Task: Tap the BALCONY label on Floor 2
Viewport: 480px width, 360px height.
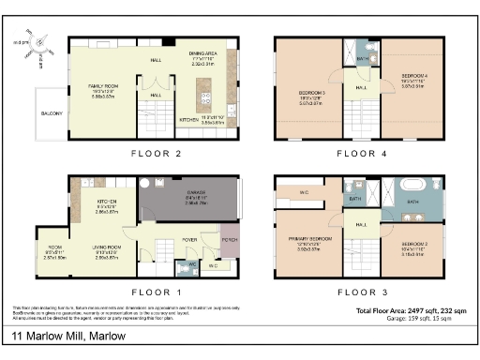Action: tap(52, 113)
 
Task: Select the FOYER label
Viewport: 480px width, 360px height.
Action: tap(189, 238)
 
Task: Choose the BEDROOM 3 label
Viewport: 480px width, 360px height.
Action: tap(311, 95)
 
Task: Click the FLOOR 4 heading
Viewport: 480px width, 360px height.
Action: tap(356, 151)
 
